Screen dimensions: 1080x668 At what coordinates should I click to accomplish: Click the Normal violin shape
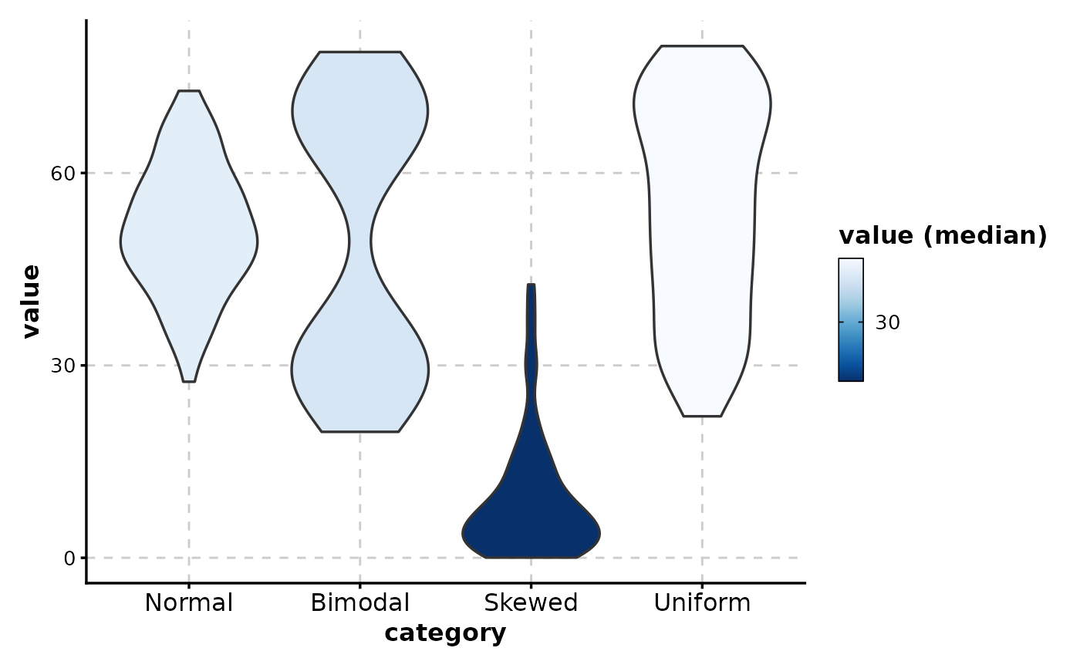(x=189, y=236)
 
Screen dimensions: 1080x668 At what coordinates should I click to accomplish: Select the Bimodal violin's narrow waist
(x=359, y=241)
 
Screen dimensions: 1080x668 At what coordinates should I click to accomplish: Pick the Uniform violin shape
(x=702, y=231)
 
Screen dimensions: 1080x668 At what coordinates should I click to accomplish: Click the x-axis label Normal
(x=189, y=603)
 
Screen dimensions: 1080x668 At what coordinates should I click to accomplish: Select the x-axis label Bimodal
(x=359, y=603)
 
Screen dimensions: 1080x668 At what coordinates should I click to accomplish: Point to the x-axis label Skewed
(x=531, y=603)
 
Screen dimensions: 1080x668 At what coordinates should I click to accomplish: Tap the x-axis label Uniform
(x=702, y=603)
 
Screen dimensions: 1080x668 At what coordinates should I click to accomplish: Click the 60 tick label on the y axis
(x=63, y=174)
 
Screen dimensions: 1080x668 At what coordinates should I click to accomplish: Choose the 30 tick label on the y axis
(x=63, y=366)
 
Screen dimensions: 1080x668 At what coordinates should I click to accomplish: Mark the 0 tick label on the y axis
(x=70, y=558)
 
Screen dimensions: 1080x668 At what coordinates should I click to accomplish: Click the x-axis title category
(x=445, y=633)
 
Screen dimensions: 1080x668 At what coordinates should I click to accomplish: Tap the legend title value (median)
(x=943, y=236)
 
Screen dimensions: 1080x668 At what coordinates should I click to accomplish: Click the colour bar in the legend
(x=850, y=319)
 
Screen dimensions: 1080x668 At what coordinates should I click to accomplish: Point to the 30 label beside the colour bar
(x=887, y=322)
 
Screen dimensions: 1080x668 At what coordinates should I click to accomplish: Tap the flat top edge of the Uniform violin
(x=702, y=46)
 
